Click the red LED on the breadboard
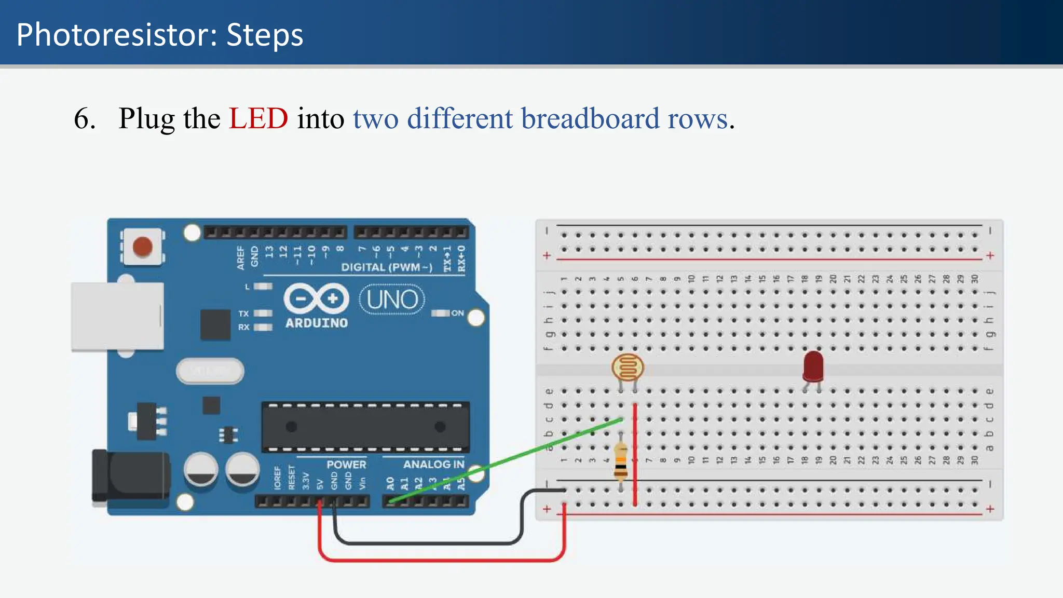tap(813, 365)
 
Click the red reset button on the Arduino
tap(142, 247)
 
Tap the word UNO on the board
tap(392, 300)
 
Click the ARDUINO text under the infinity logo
tap(317, 323)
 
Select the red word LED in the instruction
tap(258, 118)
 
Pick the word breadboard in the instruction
tap(590, 118)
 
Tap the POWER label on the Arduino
tap(346, 464)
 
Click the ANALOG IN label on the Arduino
tap(433, 464)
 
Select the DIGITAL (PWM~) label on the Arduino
tap(387, 267)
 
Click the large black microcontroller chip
tap(365, 427)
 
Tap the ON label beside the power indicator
tap(457, 313)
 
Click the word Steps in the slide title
tap(265, 35)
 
